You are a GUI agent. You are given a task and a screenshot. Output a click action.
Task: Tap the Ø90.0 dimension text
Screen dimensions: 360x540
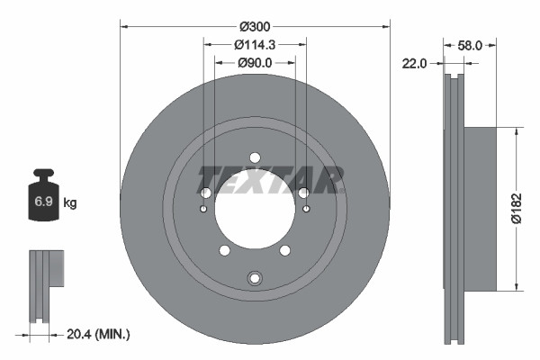(x=255, y=62)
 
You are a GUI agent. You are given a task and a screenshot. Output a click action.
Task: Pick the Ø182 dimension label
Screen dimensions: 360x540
(x=517, y=208)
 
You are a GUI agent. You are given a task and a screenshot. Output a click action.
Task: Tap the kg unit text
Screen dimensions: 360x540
(x=70, y=203)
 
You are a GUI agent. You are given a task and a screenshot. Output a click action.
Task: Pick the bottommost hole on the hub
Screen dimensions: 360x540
(x=255, y=277)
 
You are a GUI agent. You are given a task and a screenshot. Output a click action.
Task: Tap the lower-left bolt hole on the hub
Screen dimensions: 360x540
(x=225, y=250)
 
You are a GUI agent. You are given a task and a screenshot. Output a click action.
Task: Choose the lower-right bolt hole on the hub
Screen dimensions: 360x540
(x=284, y=250)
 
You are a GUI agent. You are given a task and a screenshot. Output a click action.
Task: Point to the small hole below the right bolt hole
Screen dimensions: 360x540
(x=306, y=210)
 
